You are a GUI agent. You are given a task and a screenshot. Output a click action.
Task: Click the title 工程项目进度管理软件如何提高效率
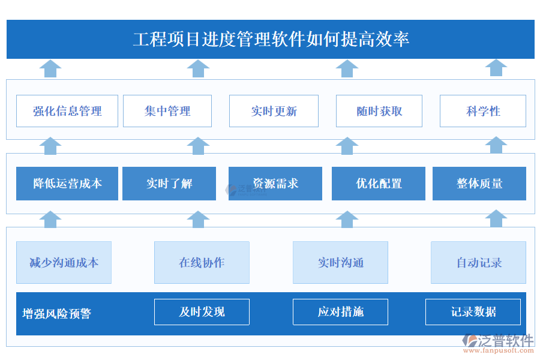click(270, 40)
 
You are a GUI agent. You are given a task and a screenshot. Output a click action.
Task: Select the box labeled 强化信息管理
click(67, 111)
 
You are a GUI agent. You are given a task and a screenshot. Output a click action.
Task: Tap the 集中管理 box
click(167, 111)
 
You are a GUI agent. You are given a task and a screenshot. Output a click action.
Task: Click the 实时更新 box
click(274, 111)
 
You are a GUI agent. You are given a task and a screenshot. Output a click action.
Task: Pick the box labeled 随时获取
click(379, 111)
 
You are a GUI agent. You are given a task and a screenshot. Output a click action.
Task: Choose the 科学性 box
click(483, 111)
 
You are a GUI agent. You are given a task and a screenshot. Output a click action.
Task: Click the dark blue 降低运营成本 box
click(67, 184)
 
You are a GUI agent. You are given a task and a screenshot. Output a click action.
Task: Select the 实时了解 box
click(169, 184)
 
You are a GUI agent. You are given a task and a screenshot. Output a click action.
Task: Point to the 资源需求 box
click(275, 184)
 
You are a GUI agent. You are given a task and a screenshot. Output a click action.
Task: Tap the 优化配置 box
click(379, 184)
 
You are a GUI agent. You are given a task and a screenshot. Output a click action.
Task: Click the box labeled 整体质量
click(479, 184)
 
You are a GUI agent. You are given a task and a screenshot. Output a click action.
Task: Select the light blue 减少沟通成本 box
click(64, 262)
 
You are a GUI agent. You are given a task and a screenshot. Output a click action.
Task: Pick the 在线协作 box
click(202, 262)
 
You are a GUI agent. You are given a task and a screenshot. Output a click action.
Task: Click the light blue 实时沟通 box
click(340, 262)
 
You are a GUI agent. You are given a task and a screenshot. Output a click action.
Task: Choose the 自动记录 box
click(478, 262)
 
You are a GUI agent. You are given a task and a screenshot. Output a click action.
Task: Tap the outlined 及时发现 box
click(202, 312)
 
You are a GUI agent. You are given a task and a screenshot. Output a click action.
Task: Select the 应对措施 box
click(340, 312)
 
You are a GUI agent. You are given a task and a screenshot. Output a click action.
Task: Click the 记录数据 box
click(473, 312)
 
